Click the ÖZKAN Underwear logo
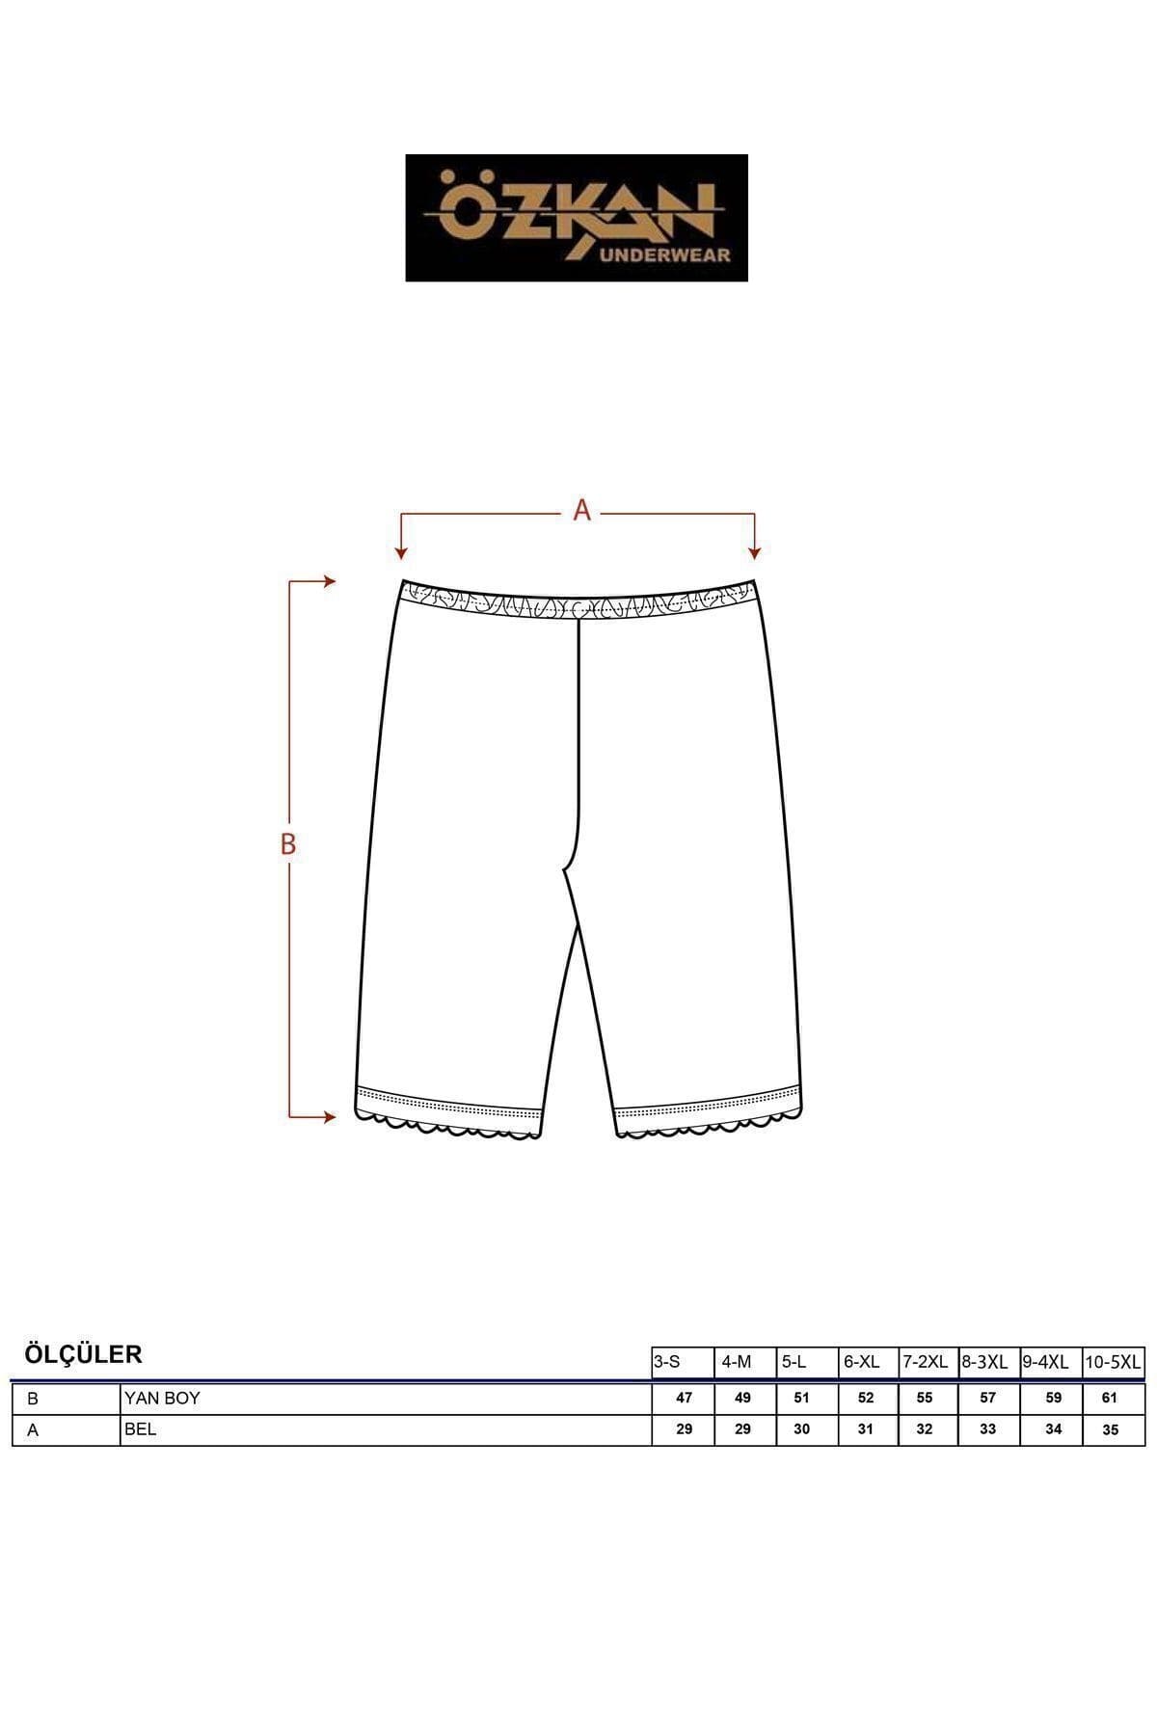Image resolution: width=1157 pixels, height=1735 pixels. point(577,218)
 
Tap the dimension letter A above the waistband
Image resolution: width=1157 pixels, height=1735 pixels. point(581,511)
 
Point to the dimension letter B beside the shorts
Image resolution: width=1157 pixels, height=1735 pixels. point(287,844)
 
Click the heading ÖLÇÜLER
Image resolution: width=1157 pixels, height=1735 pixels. point(83,1354)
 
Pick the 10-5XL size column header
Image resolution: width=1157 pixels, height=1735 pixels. point(1113,1362)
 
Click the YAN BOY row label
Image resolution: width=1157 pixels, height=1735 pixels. point(162,1398)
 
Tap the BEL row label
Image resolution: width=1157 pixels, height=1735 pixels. point(140,1429)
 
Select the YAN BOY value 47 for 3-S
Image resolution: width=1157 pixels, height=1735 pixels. point(685,1398)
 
